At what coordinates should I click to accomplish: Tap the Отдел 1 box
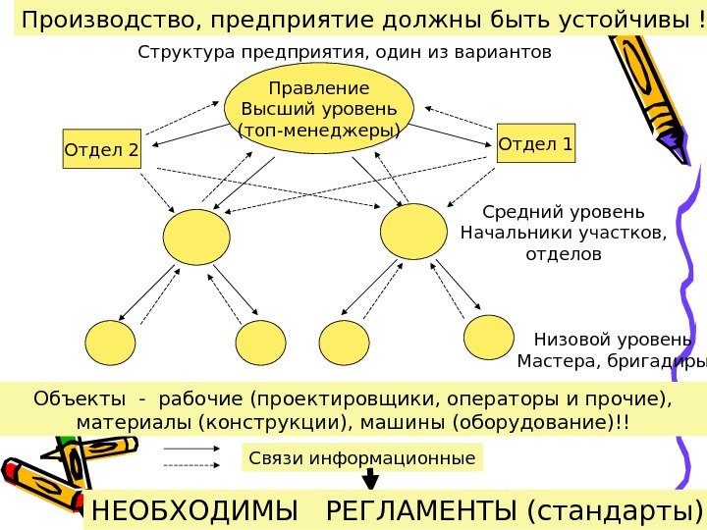click(x=536, y=144)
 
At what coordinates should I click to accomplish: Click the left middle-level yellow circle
click(x=196, y=237)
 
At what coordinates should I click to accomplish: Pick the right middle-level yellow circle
click(x=413, y=232)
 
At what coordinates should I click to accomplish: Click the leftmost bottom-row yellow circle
click(x=110, y=344)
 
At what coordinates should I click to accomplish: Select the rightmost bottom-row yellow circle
click(x=488, y=338)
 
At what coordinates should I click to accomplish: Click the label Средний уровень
click(x=564, y=212)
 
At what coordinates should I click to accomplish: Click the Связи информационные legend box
click(x=362, y=457)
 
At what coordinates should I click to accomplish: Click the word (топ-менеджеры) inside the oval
click(x=319, y=130)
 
